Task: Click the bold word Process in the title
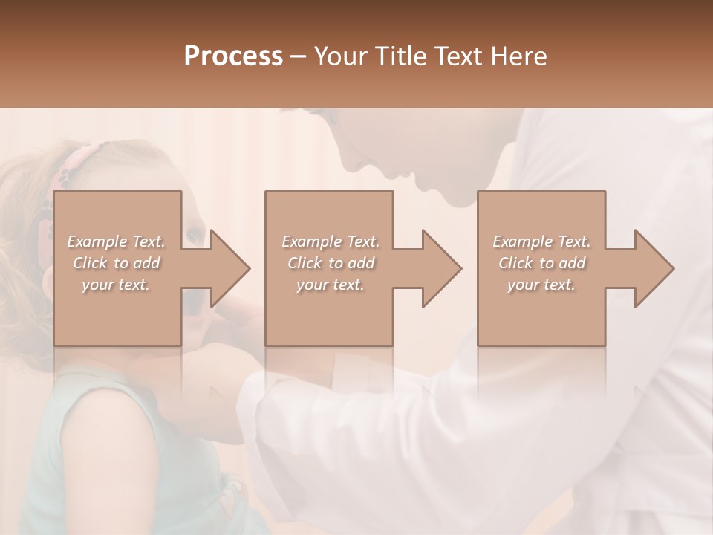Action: click(233, 56)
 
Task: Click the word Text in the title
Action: click(459, 56)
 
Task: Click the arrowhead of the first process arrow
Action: click(230, 268)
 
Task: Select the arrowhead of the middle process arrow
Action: click(442, 268)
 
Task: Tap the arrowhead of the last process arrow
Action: click(654, 268)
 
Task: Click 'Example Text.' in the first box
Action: click(116, 241)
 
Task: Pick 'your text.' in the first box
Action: click(116, 285)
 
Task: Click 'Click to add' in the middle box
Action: click(331, 263)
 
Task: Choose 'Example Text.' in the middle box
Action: click(331, 241)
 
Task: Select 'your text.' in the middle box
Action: click(331, 285)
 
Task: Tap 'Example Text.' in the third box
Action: click(541, 241)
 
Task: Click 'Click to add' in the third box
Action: click(541, 263)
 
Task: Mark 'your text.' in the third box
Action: click(541, 285)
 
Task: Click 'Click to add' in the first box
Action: click(116, 263)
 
